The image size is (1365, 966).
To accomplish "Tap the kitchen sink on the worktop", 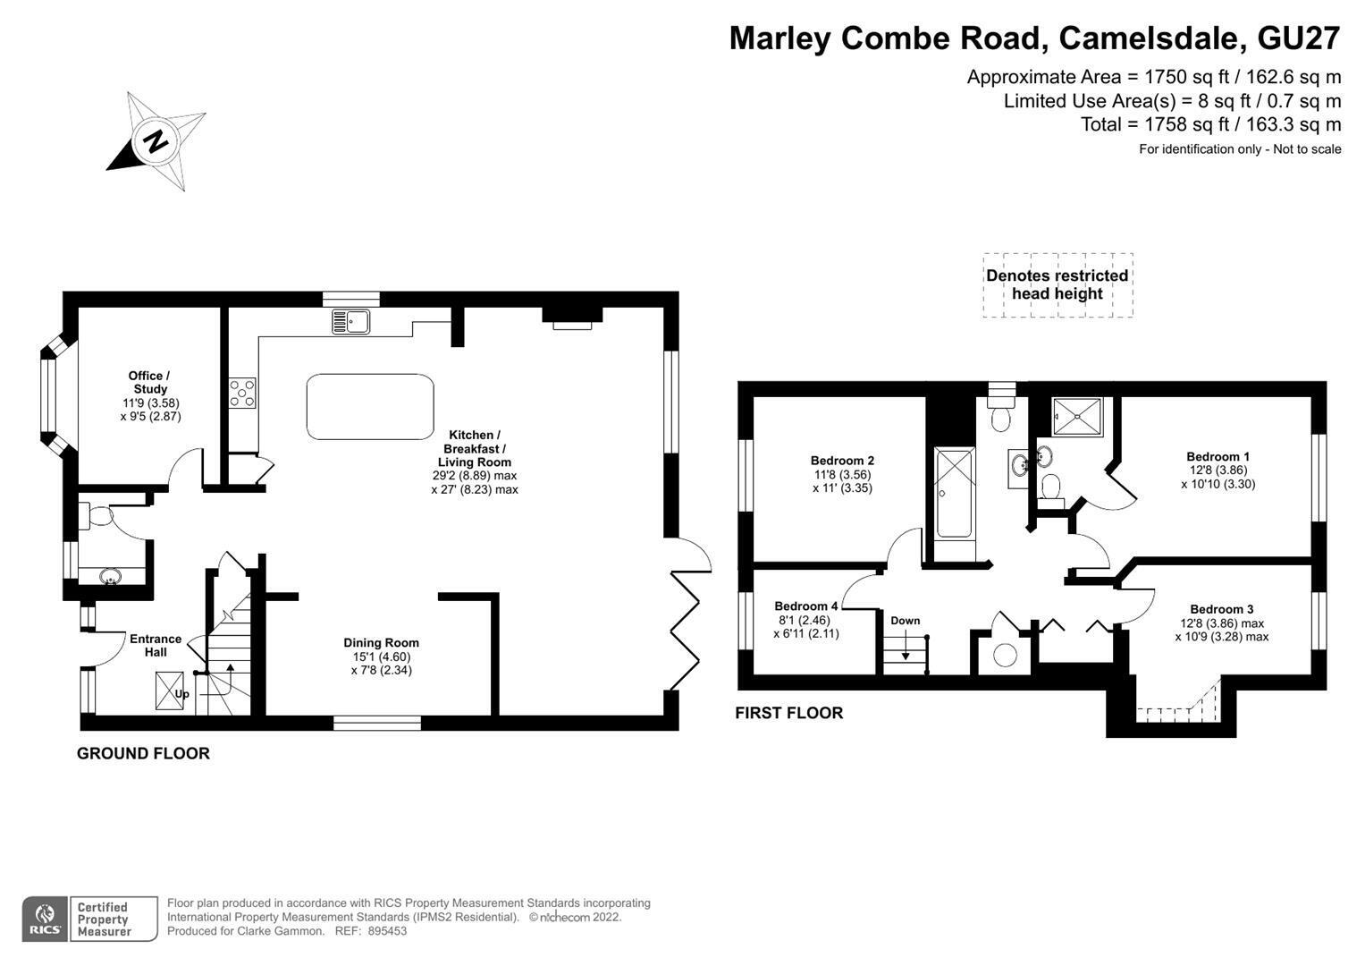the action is [x=351, y=321].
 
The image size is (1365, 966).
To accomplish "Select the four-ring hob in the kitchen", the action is [x=242, y=394].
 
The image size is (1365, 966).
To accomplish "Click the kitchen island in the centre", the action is [x=370, y=407].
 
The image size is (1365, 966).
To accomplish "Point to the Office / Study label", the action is [x=149, y=383].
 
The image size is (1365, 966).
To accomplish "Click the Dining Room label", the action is [x=381, y=643].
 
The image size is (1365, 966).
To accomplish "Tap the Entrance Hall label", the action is [x=156, y=645].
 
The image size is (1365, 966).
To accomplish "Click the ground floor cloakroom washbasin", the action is [x=110, y=575].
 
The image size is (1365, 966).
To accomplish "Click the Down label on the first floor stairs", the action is [x=905, y=621].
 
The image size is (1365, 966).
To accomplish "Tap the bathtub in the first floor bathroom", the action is [x=954, y=493].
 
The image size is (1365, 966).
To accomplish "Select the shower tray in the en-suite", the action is [x=1077, y=417].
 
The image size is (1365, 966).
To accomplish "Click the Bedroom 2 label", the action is [x=842, y=461].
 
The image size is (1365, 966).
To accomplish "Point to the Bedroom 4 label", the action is [x=805, y=606].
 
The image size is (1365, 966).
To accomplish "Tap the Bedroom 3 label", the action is [x=1222, y=609].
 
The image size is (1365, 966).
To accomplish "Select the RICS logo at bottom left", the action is [x=45, y=919].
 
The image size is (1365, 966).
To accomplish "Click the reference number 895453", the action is [x=387, y=931].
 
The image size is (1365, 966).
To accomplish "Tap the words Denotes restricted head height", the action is [x=1057, y=284].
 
